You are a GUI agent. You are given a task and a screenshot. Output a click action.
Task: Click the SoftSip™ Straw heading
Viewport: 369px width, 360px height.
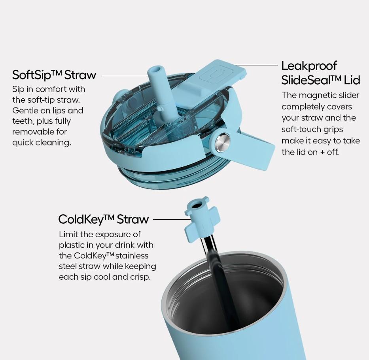(54, 75)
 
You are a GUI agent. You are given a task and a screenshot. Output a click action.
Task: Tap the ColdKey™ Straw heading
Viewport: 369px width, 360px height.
(104, 219)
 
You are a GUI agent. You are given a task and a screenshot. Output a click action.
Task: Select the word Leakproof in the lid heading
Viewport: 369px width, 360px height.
(309, 66)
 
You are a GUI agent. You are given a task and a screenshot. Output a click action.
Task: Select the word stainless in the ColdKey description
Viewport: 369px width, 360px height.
(132, 256)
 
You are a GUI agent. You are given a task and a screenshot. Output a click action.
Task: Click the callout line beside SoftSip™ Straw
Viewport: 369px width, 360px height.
(125, 76)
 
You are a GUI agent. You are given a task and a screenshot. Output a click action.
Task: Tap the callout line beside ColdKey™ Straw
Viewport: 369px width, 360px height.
(172, 220)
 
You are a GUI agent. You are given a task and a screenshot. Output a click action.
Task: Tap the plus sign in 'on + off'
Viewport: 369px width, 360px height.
(322, 153)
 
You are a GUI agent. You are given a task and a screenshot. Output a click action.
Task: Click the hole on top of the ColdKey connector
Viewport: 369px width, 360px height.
(196, 206)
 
